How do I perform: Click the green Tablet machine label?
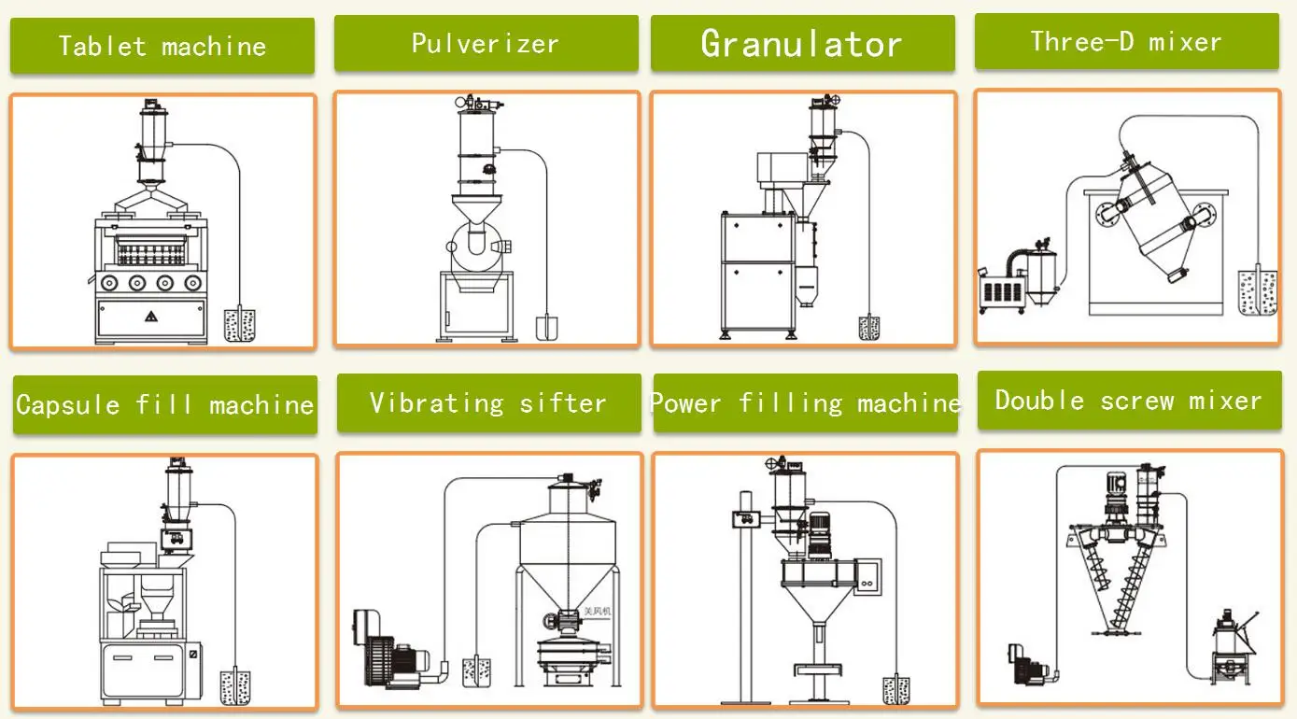162,46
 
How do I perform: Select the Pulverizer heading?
486,43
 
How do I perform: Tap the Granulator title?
802,43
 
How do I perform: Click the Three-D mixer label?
1126,41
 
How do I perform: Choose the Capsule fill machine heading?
164,404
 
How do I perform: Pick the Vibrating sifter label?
488,402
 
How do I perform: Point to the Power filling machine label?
805,402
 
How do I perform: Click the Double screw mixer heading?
1128,401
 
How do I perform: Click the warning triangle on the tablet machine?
150,316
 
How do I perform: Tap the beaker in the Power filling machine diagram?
896,689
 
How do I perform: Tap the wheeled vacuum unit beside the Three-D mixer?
1013,280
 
